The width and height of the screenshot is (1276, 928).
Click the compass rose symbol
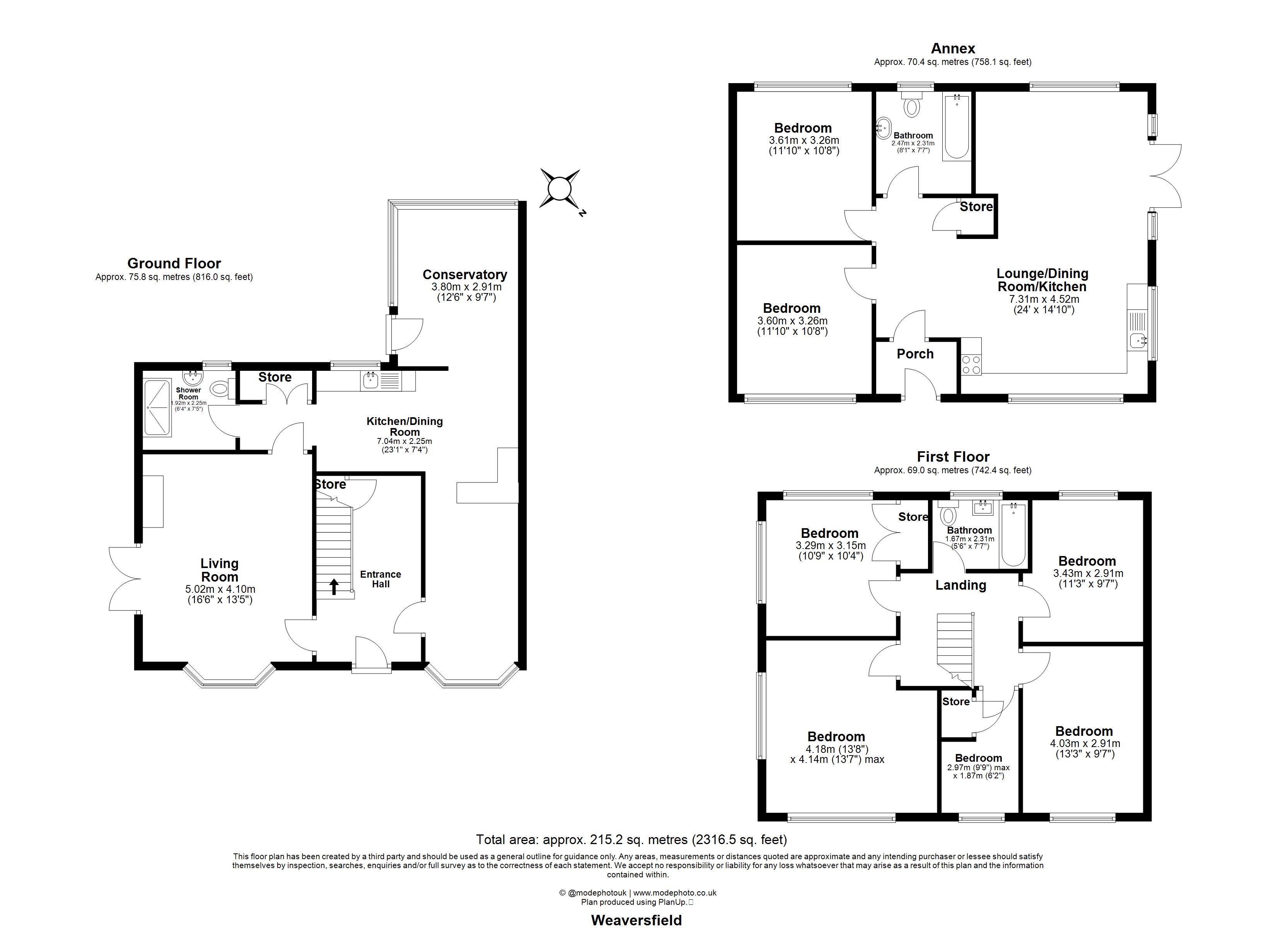pyautogui.click(x=560, y=189)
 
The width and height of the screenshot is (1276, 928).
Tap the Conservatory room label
pyautogui.click(x=465, y=275)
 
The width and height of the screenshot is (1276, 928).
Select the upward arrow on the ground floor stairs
pyautogui.click(x=334, y=587)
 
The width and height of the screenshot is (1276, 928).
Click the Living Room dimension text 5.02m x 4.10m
pyautogui.click(x=220, y=589)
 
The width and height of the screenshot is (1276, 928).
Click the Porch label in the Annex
pyautogui.click(x=915, y=354)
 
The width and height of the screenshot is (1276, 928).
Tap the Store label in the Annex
pyautogui.click(x=976, y=206)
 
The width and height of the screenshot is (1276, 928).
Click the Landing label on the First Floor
pyautogui.click(x=960, y=585)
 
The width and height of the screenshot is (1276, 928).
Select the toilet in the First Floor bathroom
pyautogui.click(x=948, y=515)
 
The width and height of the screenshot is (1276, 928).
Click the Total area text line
pyautogui.click(x=631, y=839)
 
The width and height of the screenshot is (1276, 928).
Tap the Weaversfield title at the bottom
pyautogui.click(x=636, y=919)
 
